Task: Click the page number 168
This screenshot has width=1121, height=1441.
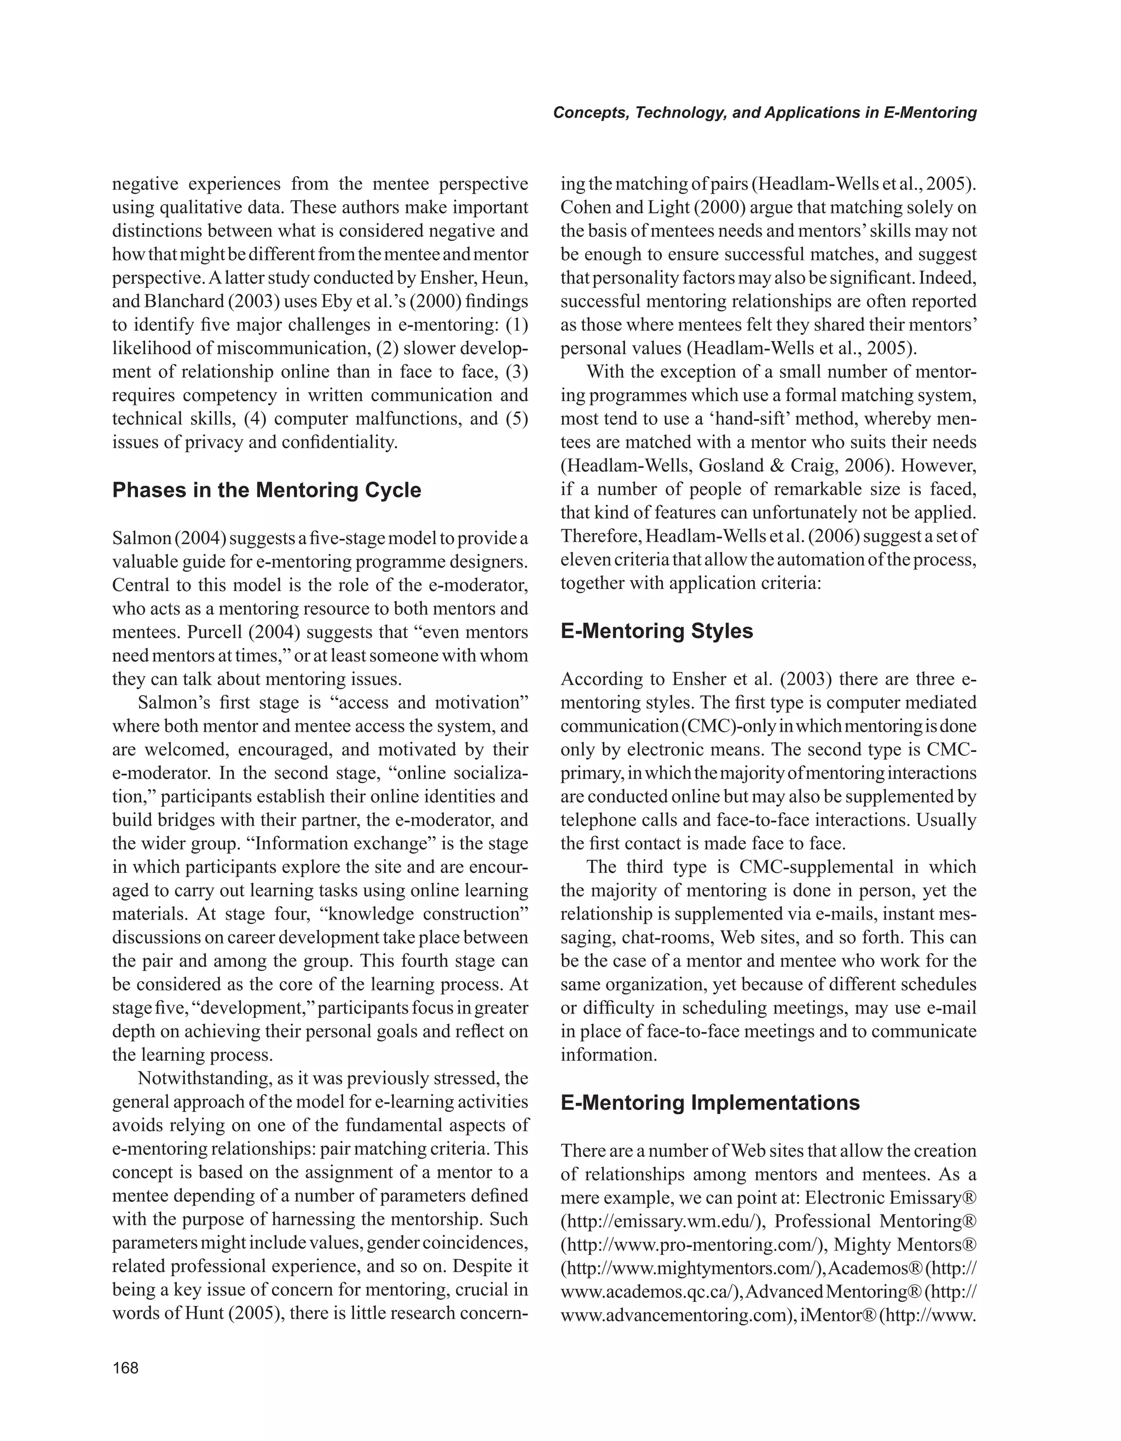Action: (125, 1368)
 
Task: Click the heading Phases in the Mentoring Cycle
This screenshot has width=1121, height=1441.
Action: (267, 490)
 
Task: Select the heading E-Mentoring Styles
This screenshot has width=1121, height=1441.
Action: (656, 631)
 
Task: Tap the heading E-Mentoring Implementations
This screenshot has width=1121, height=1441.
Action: (710, 1103)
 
